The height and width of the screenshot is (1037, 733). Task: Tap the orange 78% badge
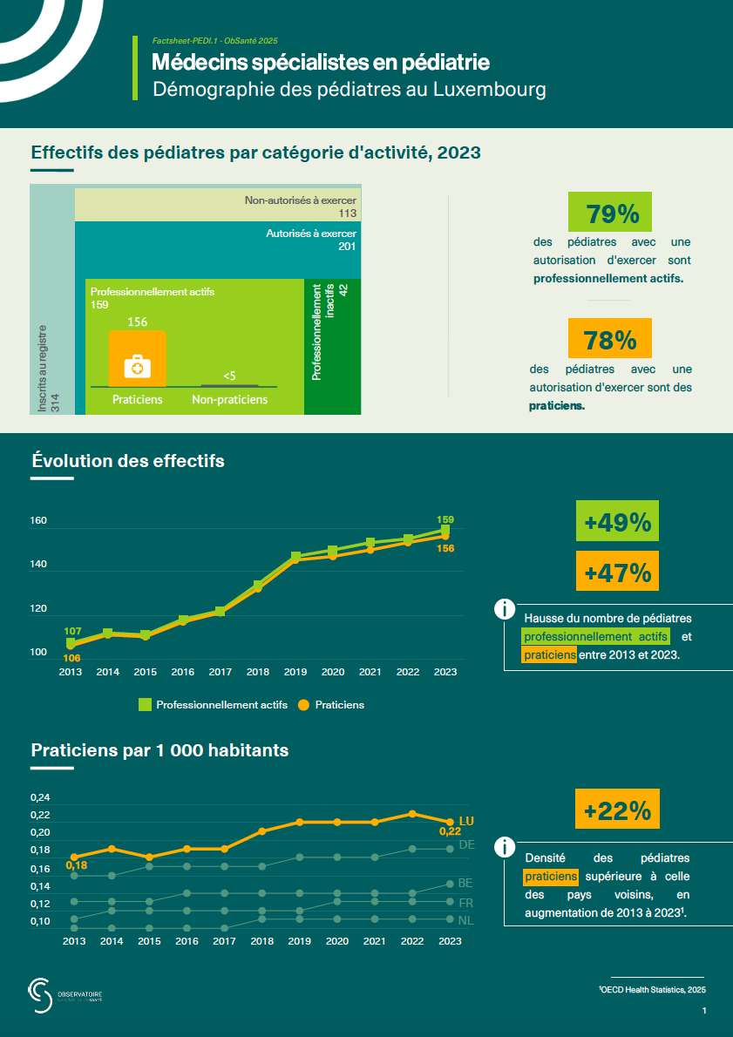pos(610,338)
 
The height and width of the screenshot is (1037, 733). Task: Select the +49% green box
pos(617,522)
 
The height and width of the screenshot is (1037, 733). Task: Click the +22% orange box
pos(617,810)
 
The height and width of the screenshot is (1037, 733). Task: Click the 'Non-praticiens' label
pos(229,400)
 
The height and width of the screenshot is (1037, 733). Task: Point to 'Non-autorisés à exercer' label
pos(301,200)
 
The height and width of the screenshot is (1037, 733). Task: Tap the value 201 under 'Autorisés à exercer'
pos(348,247)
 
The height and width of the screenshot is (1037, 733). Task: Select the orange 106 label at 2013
pos(72,658)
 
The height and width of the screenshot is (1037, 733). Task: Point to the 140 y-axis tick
pos(38,566)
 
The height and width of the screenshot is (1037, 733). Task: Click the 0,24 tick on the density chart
pos(40,797)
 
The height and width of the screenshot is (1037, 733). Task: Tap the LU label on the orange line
pos(465,820)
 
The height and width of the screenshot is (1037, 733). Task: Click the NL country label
pos(465,920)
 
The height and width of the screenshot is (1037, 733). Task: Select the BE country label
pos(465,883)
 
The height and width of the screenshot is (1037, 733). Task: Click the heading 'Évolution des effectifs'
pos(127,461)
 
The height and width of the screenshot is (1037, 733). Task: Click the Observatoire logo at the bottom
pos(65,994)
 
